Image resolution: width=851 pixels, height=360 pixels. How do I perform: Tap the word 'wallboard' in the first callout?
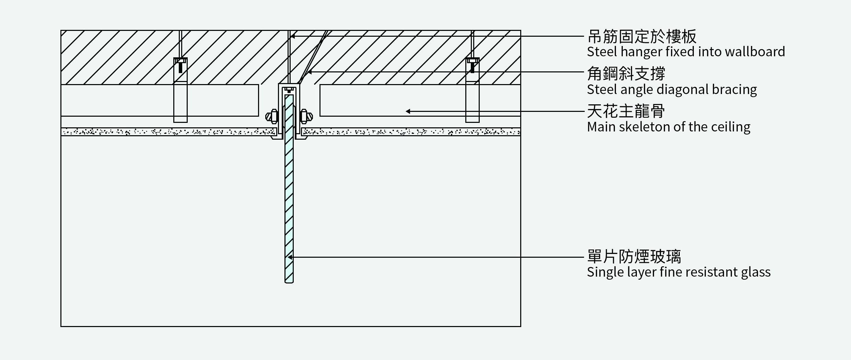point(756,52)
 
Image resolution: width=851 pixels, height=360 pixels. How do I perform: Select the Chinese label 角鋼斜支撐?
point(626,73)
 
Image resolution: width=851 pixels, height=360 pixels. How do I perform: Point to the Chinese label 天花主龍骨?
point(626,111)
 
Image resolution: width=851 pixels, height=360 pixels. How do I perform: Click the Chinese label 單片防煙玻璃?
point(634,256)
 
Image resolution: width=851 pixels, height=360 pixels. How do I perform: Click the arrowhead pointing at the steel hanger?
point(293,36)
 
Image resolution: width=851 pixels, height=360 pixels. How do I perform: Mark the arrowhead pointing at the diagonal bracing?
point(309,72)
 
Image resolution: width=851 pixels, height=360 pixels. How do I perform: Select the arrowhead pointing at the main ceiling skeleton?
point(408,111)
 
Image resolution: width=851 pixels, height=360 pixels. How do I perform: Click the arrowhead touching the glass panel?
point(290,257)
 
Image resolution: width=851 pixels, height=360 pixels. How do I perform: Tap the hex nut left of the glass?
point(272,117)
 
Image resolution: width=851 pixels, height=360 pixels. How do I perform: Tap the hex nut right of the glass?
point(306,117)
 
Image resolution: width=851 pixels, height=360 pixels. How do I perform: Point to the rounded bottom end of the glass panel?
point(289,281)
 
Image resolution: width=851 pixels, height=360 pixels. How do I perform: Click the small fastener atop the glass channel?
point(289,90)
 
